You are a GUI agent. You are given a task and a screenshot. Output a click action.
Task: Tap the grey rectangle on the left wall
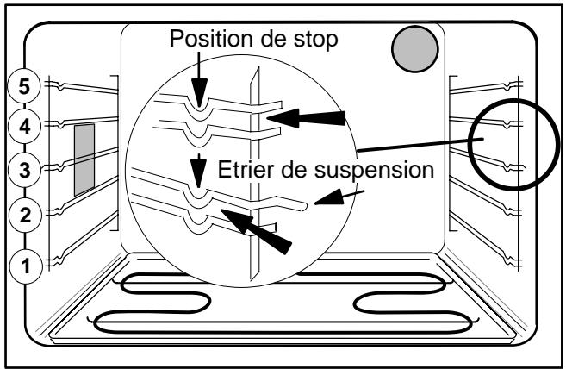84,159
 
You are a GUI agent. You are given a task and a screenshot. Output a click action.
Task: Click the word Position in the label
202,41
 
